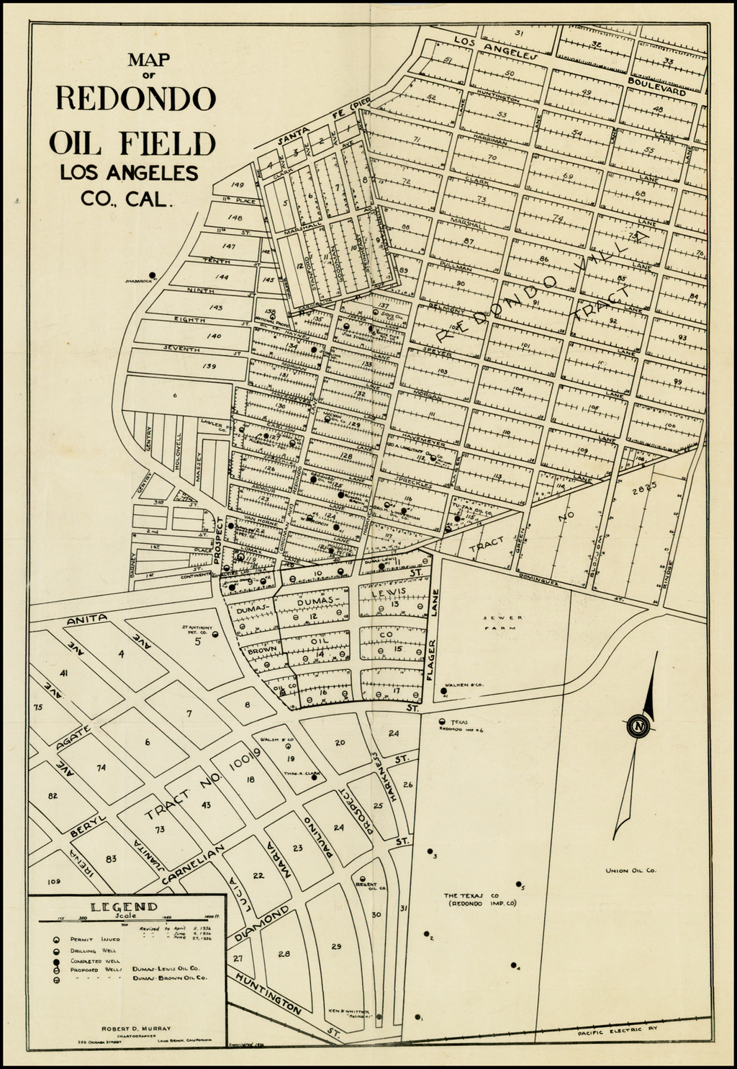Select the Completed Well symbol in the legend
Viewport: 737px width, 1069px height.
pyautogui.click(x=55, y=961)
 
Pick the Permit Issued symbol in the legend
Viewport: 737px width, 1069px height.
pyautogui.click(x=55, y=940)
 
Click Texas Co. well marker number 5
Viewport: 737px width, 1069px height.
pyautogui.click(x=518, y=884)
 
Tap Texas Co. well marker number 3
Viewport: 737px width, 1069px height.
pyautogui.click(x=429, y=851)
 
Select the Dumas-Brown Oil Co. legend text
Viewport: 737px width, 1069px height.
pyautogui.click(x=171, y=978)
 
